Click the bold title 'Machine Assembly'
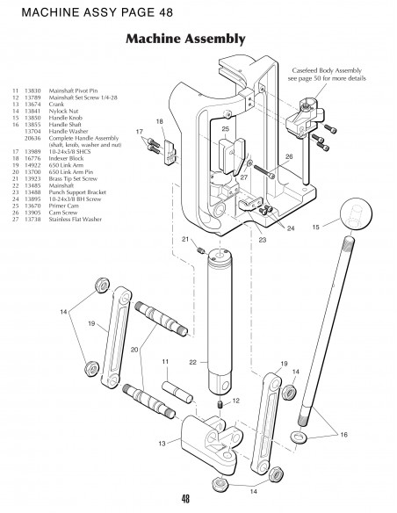pos(184,40)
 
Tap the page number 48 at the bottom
pos(185,498)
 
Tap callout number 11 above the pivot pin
pos(163,361)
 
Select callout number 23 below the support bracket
pos(261,239)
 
